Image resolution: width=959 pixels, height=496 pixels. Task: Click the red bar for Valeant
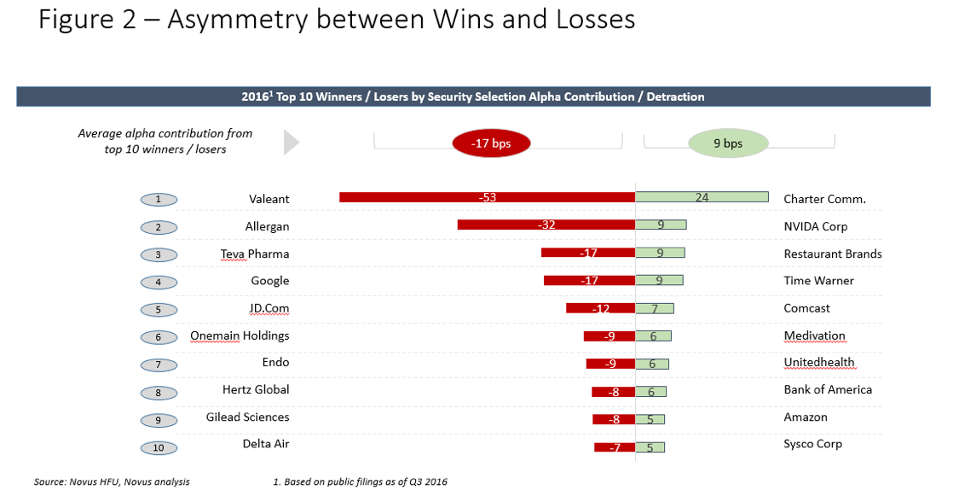click(487, 197)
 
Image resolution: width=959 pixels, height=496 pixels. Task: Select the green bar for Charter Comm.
click(702, 197)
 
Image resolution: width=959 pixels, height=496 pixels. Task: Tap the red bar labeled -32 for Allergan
click(546, 225)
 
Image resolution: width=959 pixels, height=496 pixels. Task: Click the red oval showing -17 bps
click(490, 143)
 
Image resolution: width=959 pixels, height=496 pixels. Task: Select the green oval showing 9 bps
click(727, 143)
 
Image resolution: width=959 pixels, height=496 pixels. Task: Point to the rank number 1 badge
click(159, 200)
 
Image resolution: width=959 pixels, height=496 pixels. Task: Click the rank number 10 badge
click(159, 447)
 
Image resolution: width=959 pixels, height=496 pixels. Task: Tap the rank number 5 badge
click(159, 310)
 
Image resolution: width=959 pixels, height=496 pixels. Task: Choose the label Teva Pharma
click(255, 254)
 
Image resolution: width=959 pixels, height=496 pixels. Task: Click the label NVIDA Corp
click(815, 226)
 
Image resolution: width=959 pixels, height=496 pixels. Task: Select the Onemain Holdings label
click(240, 336)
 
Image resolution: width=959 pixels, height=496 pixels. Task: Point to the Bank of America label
click(828, 389)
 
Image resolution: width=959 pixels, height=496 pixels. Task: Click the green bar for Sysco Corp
click(650, 446)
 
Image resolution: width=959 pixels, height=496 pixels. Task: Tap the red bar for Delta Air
click(615, 447)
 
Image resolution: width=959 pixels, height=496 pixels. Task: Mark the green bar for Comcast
click(655, 308)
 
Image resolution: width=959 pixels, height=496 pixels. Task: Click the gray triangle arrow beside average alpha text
click(292, 143)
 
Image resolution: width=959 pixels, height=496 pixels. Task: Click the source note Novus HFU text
click(112, 482)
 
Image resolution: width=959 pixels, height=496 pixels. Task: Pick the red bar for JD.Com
click(600, 308)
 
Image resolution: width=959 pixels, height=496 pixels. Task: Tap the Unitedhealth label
click(818, 362)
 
